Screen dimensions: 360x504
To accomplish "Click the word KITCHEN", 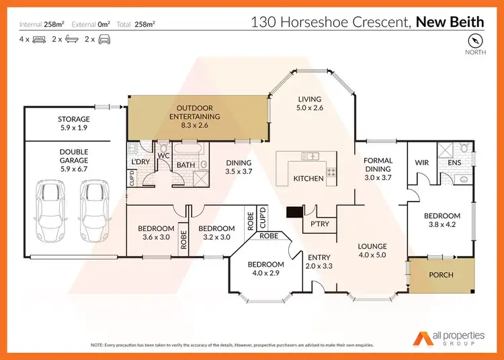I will coord(309,179).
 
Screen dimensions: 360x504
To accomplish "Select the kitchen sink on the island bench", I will coord(310,156).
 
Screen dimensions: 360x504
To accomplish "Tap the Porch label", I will coord(442,275).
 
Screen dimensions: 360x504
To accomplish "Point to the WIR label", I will coord(422,162).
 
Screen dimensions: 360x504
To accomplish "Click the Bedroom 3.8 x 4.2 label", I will coord(442,221).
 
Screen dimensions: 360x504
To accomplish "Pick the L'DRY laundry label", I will coord(140,162).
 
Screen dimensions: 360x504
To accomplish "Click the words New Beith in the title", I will coord(449,21).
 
